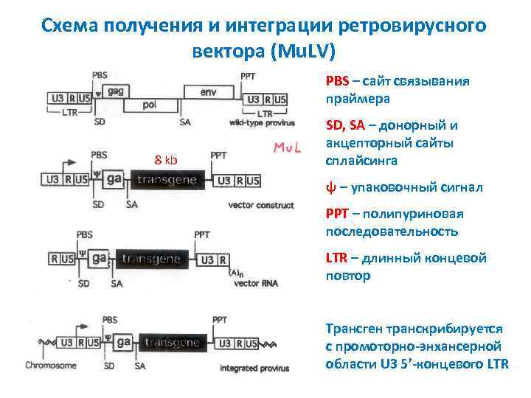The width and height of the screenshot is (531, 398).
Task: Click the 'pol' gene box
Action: pyautogui.click(x=150, y=105)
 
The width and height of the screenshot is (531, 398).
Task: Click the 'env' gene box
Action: pyautogui.click(x=209, y=92)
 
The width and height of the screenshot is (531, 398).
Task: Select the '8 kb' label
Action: pyautogui.click(x=165, y=160)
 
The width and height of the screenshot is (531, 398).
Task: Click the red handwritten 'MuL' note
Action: pyautogui.click(x=291, y=148)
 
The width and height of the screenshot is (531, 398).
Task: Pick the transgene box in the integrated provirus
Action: pyautogui.click(x=172, y=343)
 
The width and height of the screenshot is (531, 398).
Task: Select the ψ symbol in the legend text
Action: pyautogui.click(x=330, y=188)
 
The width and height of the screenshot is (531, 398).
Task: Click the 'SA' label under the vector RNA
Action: pyautogui.click(x=117, y=282)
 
